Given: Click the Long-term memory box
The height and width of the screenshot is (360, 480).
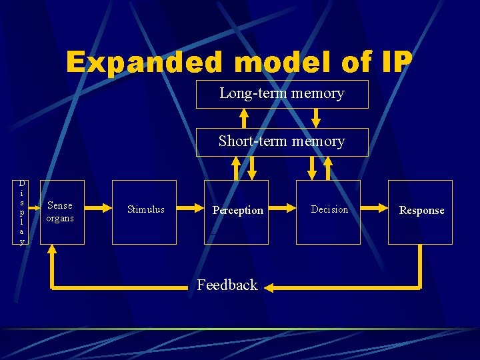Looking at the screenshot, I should (x=281, y=94).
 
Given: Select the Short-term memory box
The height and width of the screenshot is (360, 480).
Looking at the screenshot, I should (x=281, y=142).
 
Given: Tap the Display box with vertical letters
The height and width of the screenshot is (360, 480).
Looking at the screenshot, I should (x=22, y=212).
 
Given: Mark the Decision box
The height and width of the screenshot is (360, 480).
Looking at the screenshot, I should (x=328, y=212).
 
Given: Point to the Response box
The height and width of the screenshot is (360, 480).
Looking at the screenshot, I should (x=420, y=212).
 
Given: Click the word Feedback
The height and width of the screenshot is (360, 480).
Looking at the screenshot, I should (x=227, y=285).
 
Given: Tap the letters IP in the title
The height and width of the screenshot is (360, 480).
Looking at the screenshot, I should (x=397, y=63).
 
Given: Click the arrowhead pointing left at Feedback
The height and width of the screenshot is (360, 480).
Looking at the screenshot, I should (x=269, y=287).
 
